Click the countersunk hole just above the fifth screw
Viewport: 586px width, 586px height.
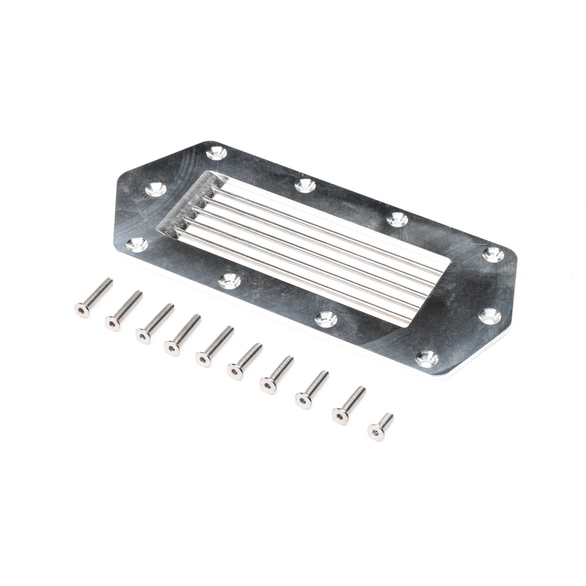228,281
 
